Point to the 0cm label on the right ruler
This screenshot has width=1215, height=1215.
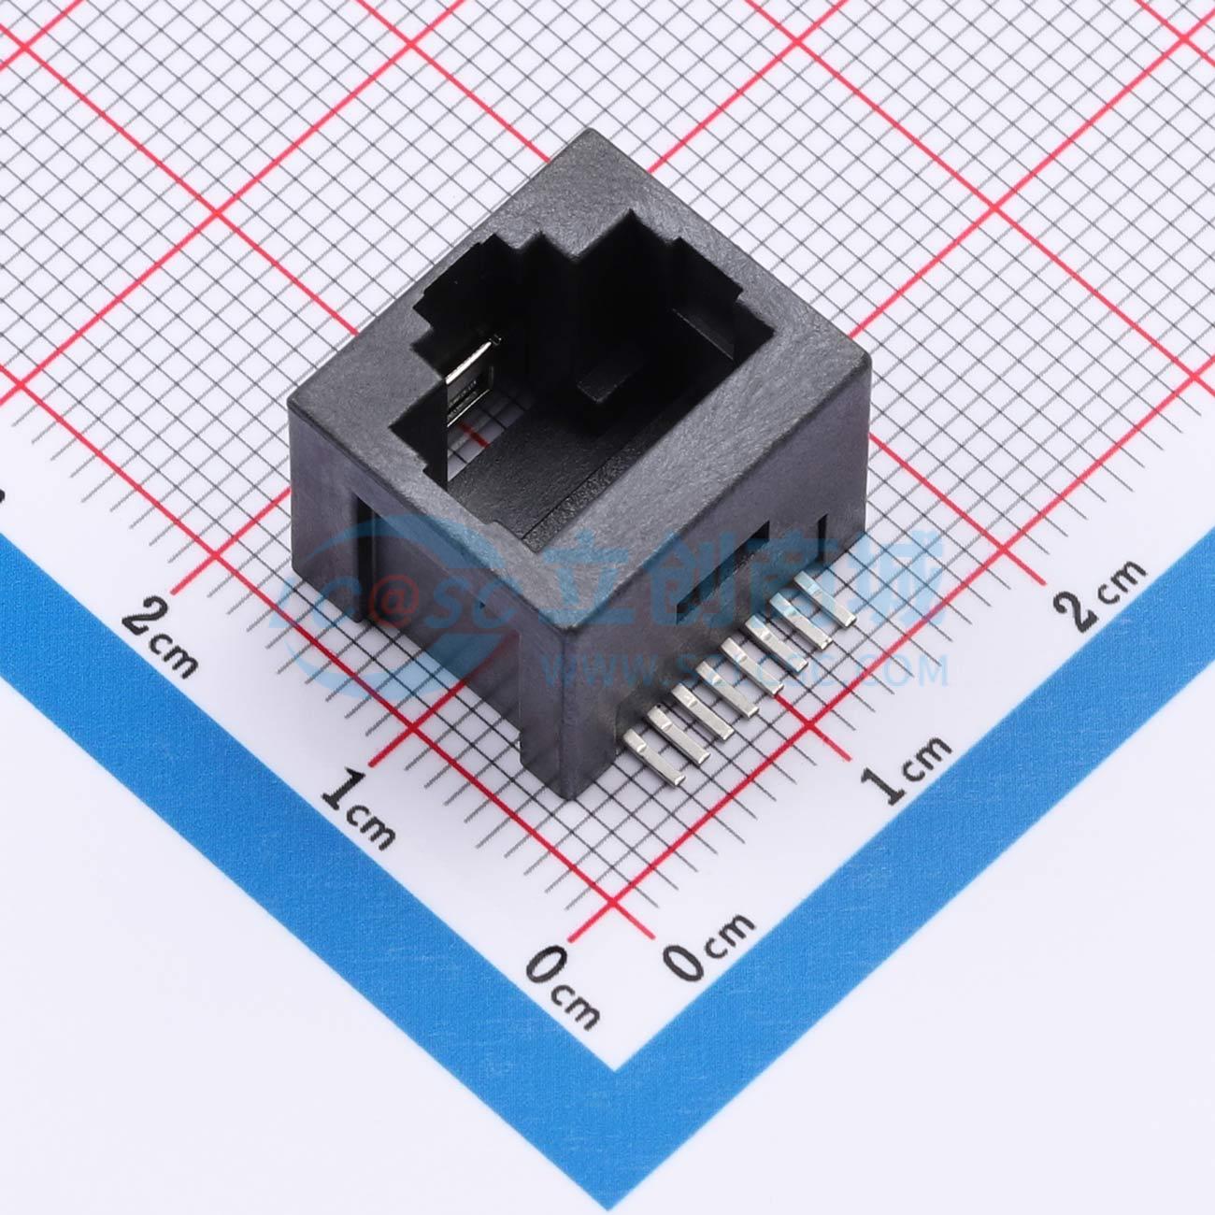coord(710,944)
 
